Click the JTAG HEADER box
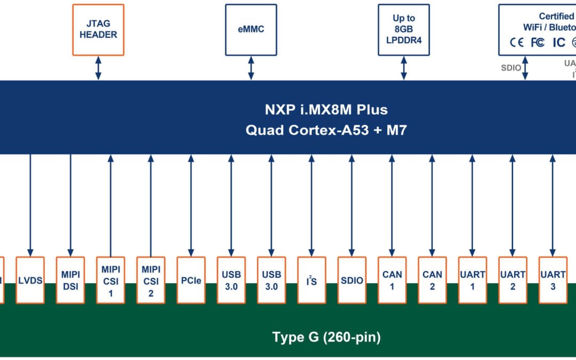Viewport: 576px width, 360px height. (98, 29)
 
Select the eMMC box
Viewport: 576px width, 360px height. (251, 29)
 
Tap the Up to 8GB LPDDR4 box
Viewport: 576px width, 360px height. (403, 29)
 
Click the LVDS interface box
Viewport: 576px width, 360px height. (30, 280)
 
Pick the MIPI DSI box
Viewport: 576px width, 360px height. (70, 280)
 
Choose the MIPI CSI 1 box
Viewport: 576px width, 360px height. (110, 280)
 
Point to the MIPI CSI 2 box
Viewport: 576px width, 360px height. (150, 280)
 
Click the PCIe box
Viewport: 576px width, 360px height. (191, 280)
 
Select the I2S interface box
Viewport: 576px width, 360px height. (311, 280)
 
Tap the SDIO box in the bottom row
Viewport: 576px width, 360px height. (351, 280)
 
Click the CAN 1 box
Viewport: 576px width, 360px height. (392, 280)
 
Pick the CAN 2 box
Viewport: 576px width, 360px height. (432, 280)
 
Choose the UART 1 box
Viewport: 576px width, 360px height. (473, 280)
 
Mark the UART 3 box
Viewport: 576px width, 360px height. (553, 280)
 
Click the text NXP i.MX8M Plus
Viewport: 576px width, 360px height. (326, 110)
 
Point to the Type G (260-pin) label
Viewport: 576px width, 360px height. (326, 337)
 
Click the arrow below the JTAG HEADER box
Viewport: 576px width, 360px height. (98, 68)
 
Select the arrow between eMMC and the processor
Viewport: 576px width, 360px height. (251, 68)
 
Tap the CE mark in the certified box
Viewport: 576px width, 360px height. (517, 43)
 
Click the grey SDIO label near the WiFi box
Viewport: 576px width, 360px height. (511, 68)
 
